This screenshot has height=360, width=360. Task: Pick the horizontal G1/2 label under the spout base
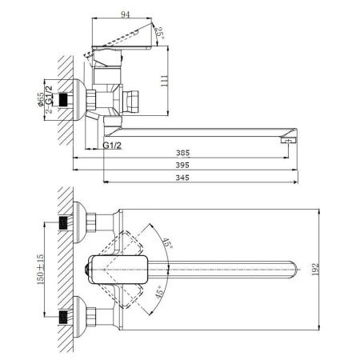coord(113,146)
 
